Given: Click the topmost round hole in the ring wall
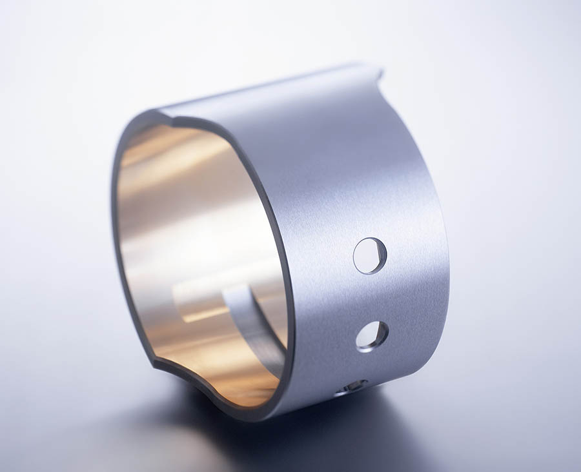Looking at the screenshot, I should [x=370, y=255].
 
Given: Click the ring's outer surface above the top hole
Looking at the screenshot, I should [x=362, y=193].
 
